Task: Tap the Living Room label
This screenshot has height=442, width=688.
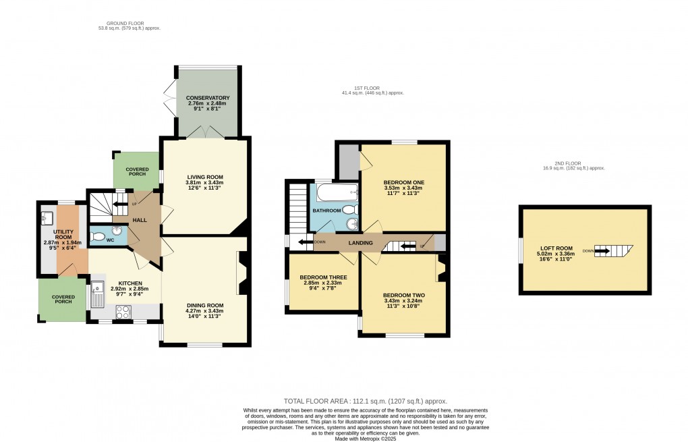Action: (x=205, y=177)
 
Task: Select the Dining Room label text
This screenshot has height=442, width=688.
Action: (x=205, y=305)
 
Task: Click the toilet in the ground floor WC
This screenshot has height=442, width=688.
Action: (x=98, y=237)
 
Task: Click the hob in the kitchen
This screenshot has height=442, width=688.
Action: (x=124, y=311)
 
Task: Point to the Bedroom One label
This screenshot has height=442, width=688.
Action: (x=403, y=182)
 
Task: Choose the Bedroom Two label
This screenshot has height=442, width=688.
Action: (x=403, y=296)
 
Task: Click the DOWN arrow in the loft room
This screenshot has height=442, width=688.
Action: (x=602, y=250)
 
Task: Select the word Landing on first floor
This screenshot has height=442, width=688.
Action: (x=361, y=243)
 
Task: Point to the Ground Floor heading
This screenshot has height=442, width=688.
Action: (x=130, y=24)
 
